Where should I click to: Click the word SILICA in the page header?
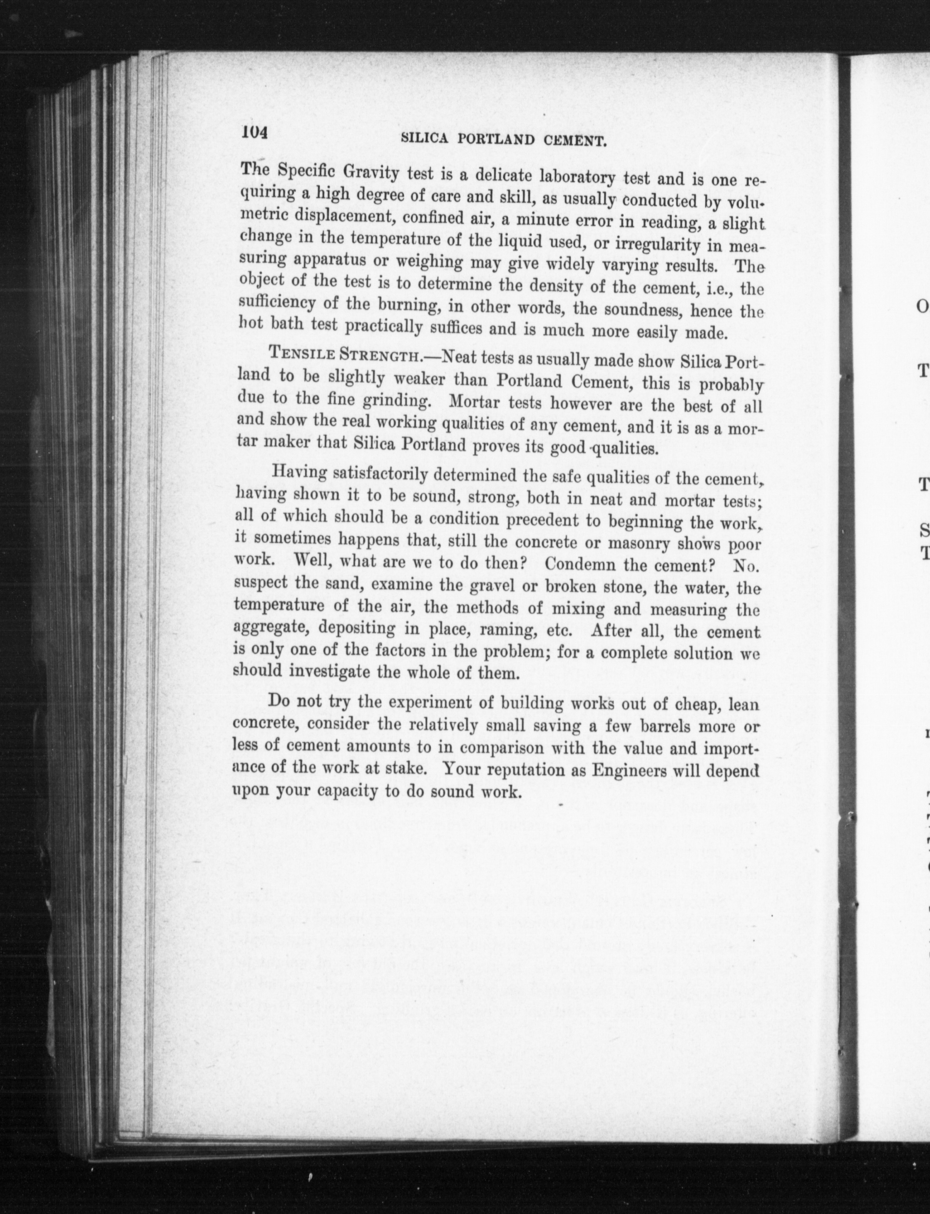pyautogui.click(x=427, y=139)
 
